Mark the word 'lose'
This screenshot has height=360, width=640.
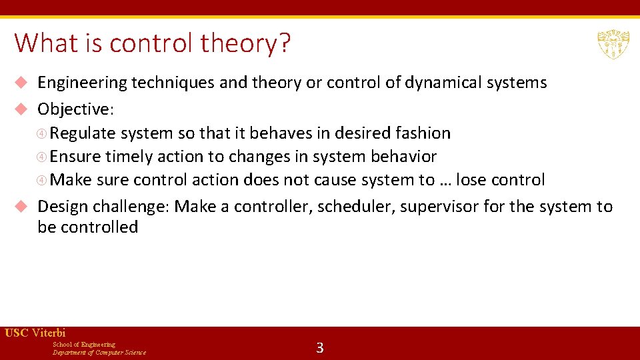[473, 180]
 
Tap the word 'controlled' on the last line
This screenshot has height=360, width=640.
[99, 227]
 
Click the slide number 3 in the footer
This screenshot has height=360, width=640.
[320, 347]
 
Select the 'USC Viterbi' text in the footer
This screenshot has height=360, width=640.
[35, 333]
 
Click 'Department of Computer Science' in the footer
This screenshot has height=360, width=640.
[99, 353]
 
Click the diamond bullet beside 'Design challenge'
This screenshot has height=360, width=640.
[21, 207]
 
